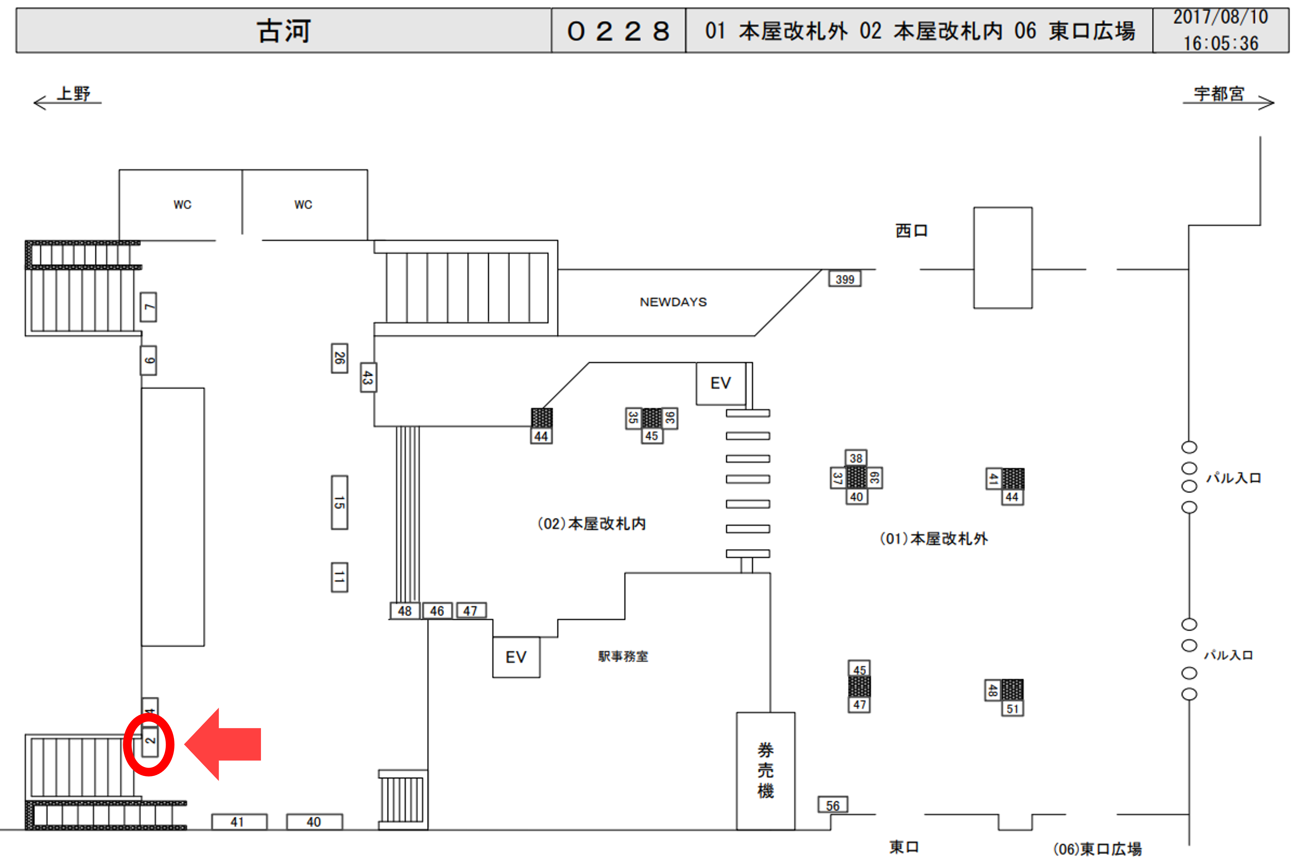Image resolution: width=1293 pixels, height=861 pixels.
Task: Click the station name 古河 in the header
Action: click(284, 31)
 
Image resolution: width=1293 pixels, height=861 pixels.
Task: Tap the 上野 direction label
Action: click(74, 94)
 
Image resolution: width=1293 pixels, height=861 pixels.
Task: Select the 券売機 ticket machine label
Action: click(765, 771)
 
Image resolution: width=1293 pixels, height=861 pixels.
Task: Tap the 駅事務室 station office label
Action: click(623, 656)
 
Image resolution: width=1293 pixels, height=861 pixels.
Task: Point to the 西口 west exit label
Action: click(911, 231)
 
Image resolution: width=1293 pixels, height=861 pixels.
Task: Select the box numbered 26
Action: click(339, 358)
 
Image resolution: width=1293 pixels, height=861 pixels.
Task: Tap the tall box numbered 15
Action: click(339, 502)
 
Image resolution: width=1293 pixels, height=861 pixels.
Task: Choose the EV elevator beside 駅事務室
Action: click(516, 657)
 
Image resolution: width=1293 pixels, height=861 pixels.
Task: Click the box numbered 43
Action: click(367, 377)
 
